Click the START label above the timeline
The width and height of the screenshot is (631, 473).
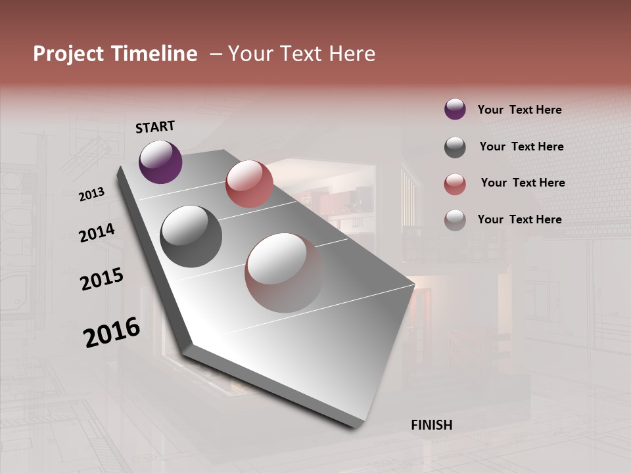(x=155, y=127)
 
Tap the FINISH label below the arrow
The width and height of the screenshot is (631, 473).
(x=432, y=425)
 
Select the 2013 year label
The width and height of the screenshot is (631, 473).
(x=91, y=194)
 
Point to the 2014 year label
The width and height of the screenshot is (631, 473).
(x=97, y=233)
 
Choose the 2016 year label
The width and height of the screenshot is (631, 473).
(x=112, y=332)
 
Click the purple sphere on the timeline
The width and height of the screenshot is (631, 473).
(x=160, y=162)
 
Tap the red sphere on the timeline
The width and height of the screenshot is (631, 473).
(x=249, y=184)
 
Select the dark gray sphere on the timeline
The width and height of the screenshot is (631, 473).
(x=191, y=236)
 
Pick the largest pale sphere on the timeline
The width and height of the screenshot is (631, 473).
(x=285, y=273)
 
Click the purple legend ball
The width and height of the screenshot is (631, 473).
(x=455, y=109)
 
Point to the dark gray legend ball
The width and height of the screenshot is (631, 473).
(x=455, y=147)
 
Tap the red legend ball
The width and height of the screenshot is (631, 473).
(x=455, y=184)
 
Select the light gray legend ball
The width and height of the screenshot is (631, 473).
(x=455, y=220)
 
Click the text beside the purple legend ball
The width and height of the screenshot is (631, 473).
(x=519, y=110)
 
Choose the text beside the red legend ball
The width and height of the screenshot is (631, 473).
(x=523, y=183)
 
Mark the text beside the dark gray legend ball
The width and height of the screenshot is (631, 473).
(x=521, y=146)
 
